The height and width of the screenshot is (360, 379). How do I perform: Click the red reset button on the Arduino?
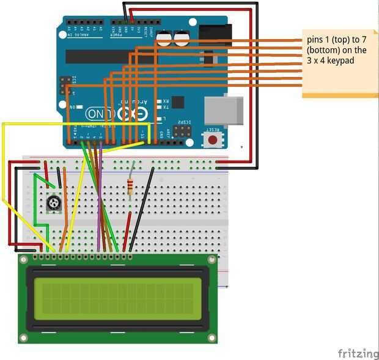click(x=212, y=140)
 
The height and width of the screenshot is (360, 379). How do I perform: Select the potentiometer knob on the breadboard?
click(x=54, y=203)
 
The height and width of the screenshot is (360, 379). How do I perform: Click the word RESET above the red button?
click(x=212, y=130)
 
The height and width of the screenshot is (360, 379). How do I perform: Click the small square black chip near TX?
click(x=178, y=102)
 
